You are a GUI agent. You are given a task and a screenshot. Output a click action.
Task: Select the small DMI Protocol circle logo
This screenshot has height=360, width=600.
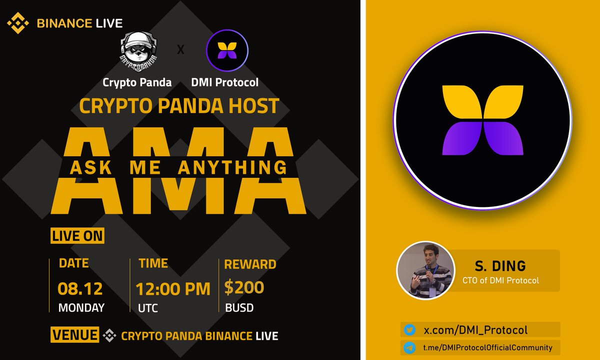[x=227, y=52]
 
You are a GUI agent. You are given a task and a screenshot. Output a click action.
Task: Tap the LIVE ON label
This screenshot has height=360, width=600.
[x=77, y=235]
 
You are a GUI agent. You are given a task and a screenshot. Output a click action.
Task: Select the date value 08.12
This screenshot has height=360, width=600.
[x=80, y=288]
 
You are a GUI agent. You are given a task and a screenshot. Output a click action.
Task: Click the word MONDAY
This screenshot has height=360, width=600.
[x=81, y=307]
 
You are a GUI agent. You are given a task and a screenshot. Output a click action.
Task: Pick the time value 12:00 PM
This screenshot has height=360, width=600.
[x=173, y=288]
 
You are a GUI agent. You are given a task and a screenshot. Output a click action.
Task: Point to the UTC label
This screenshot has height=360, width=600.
[x=148, y=308]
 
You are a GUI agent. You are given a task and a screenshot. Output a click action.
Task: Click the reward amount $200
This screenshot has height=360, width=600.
[x=244, y=287]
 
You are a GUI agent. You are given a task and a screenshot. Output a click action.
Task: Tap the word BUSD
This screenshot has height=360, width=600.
[x=239, y=307]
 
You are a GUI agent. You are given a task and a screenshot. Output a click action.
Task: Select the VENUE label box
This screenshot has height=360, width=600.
[x=74, y=334]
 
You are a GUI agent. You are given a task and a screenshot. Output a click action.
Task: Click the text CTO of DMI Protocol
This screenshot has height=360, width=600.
[x=500, y=280]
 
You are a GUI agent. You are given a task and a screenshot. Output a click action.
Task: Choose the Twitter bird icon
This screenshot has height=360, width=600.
[x=409, y=330]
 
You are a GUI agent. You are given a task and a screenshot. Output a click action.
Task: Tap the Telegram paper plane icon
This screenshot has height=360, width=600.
[x=409, y=347]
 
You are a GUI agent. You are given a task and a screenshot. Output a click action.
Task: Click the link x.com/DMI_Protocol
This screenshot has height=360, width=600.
[x=475, y=330]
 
